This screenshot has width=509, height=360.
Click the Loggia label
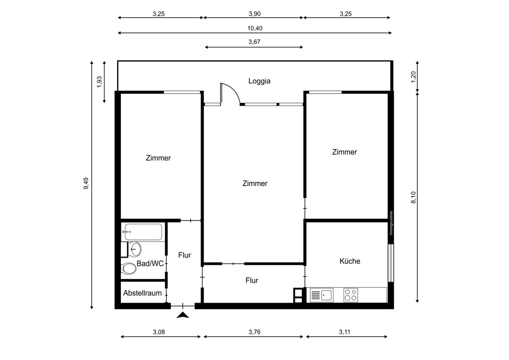(259, 81)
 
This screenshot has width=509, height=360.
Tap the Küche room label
(350, 261)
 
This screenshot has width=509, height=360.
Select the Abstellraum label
(143, 293)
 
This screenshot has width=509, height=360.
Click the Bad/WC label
(150, 264)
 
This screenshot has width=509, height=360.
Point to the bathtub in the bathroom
(142, 232)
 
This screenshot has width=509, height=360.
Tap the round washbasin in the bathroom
(136, 248)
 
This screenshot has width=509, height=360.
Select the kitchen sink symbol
(322, 295)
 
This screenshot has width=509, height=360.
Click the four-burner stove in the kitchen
(350, 295)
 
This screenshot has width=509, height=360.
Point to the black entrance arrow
(183, 315)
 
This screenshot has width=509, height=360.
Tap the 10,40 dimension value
(255, 28)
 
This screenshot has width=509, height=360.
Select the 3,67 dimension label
(254, 42)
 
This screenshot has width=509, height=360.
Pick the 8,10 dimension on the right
(414, 197)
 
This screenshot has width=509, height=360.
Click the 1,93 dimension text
(99, 82)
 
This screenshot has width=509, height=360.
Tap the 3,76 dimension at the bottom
(254, 332)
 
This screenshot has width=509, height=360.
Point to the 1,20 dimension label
(414, 76)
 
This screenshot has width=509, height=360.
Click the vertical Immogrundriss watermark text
(391, 223)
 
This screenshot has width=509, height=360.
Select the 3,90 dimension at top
(254, 14)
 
